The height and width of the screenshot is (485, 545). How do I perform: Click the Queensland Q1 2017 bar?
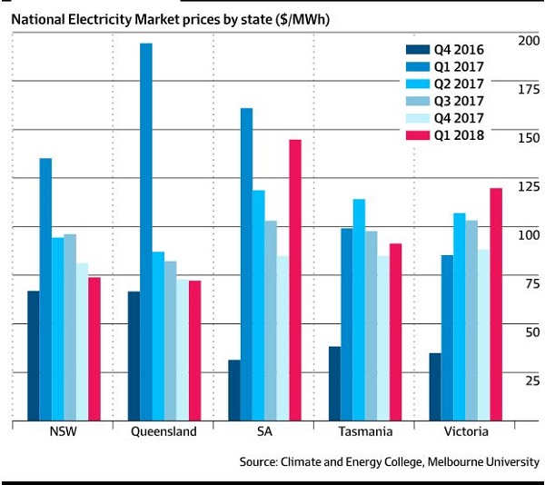pos(145,232)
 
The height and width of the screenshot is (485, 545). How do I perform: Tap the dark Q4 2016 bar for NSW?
pos(34,355)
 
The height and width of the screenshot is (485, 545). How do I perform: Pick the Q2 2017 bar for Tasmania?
pos(359,309)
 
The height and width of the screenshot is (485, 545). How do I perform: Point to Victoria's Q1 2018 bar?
pos(495,304)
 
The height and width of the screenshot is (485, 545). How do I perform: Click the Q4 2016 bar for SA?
pos(233,390)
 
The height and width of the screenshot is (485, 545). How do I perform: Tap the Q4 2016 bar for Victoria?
pos(435,386)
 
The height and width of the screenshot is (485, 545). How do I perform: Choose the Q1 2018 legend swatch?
pos(416,135)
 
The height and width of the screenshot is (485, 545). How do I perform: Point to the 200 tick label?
pos(526,41)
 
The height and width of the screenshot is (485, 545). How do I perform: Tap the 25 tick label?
pos(530,380)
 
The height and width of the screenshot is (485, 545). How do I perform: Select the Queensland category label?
pos(163,431)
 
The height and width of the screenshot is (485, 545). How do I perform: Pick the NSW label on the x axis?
pos(63,431)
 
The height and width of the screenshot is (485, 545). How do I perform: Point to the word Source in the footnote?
pos(262,461)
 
